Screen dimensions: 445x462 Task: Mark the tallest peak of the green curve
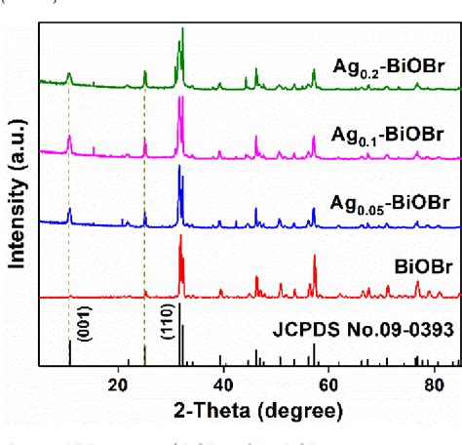[182, 30]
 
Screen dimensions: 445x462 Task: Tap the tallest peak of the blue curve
[179, 168]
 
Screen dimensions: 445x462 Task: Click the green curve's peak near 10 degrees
[69, 73]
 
